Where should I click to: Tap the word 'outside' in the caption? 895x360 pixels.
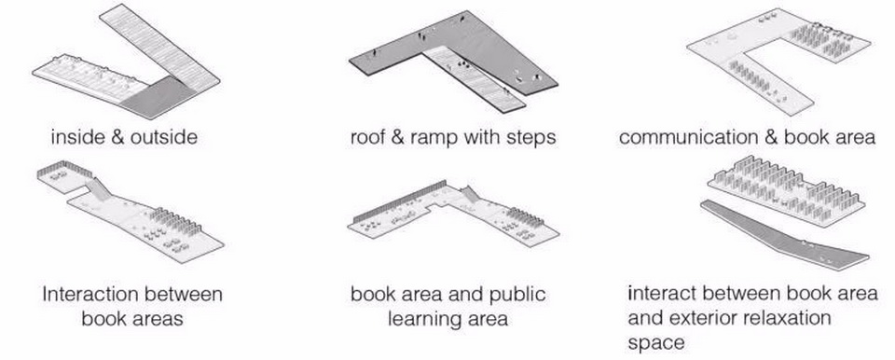click(164, 137)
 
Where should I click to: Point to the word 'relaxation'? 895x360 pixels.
click(792, 318)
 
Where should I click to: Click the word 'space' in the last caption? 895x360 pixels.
click(655, 343)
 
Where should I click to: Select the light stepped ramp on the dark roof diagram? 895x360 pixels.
click(473, 77)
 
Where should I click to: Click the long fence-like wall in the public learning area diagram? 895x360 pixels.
click(400, 201)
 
